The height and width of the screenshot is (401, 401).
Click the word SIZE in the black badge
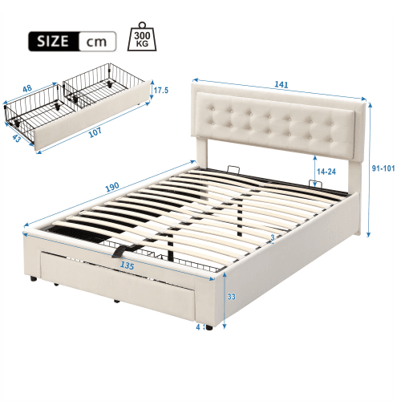(x=51, y=39)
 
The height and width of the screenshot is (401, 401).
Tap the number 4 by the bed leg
(x=196, y=326)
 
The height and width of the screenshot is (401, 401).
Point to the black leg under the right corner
(x=209, y=327)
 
